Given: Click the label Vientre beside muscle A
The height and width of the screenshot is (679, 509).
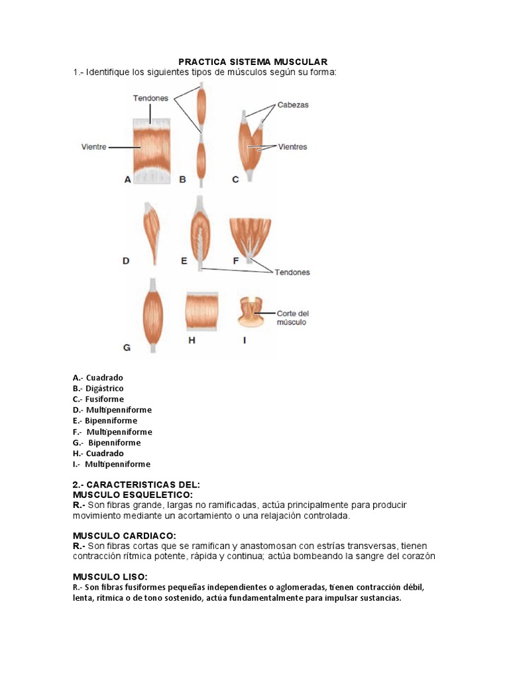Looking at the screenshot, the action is coord(94,147).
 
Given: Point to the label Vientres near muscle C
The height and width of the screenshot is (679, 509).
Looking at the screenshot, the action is coord(293,147).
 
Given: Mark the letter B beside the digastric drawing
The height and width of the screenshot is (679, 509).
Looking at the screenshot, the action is coord(182,179).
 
